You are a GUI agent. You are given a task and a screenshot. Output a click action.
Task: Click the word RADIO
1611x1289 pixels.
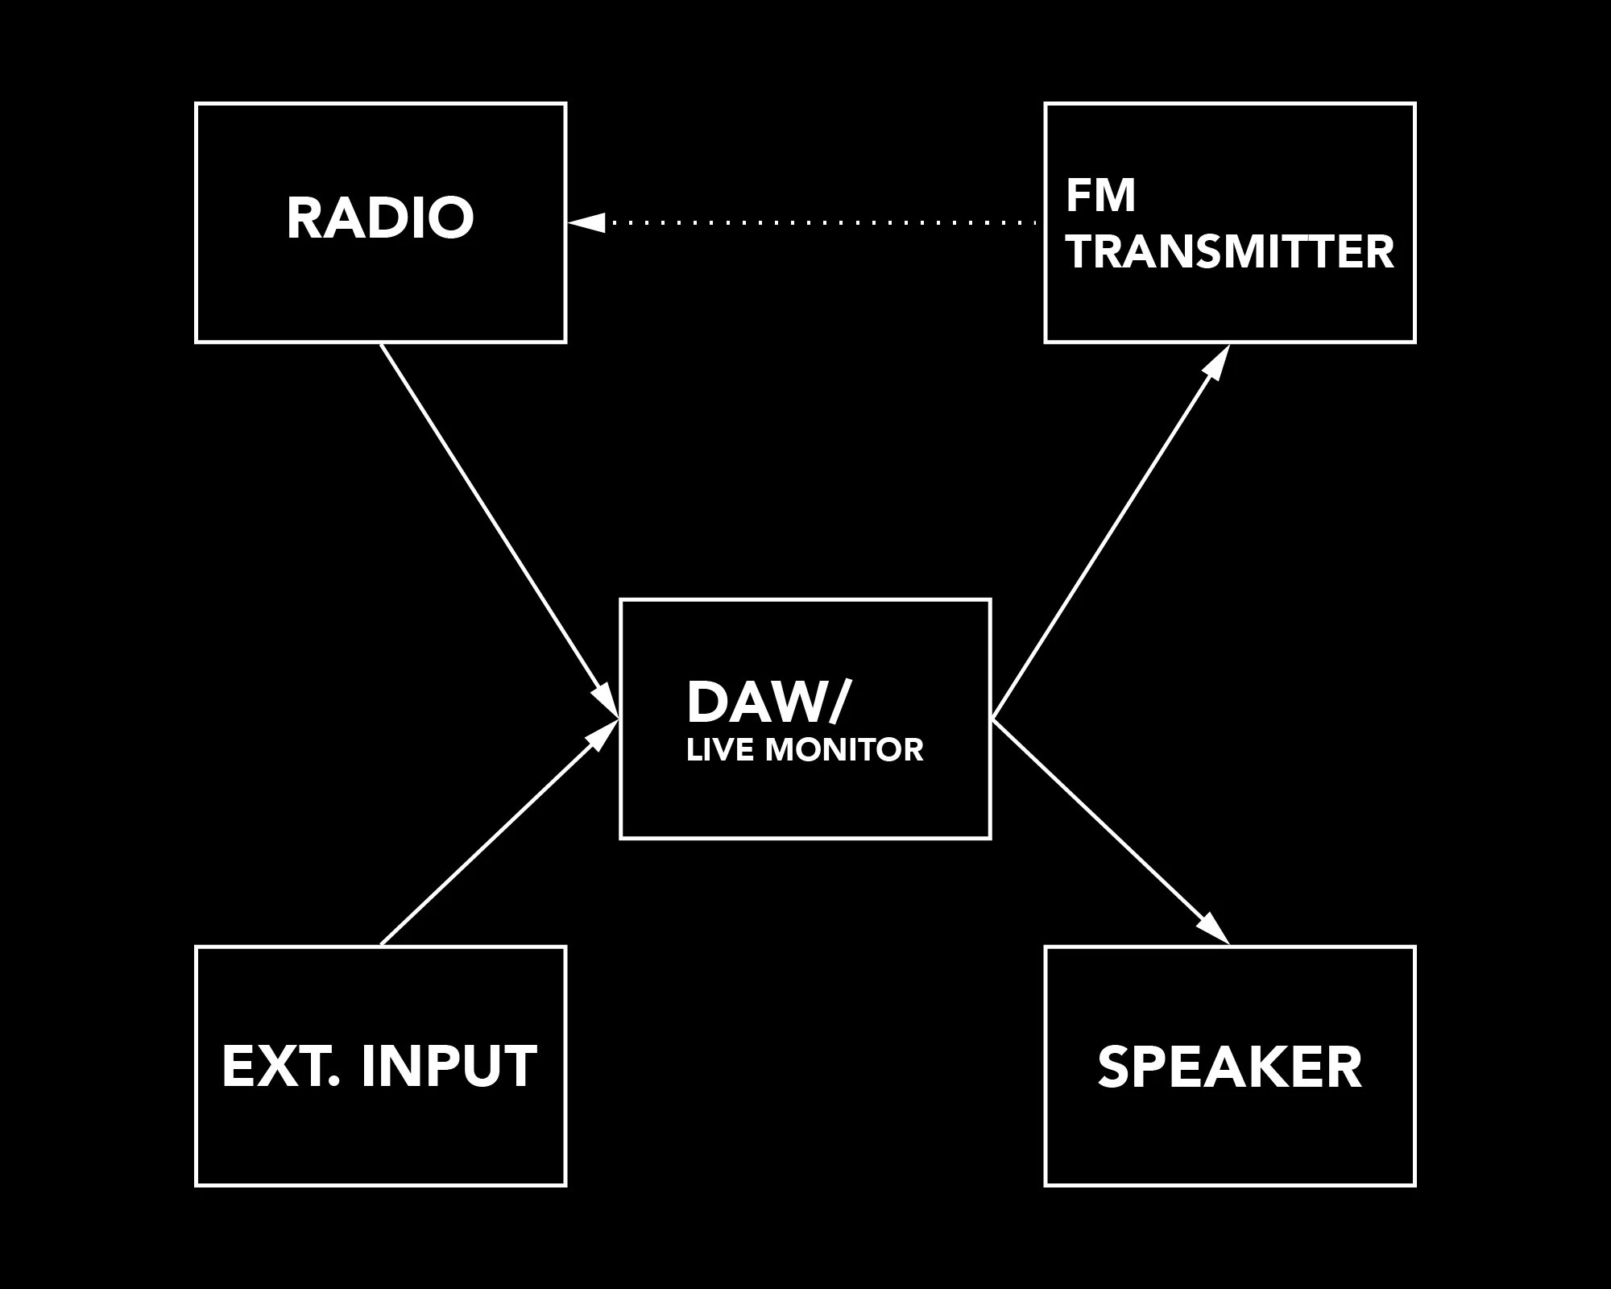tap(380, 218)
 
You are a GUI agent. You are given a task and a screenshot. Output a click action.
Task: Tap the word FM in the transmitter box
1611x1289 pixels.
tap(1100, 196)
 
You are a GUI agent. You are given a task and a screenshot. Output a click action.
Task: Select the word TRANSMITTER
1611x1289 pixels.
tap(1230, 252)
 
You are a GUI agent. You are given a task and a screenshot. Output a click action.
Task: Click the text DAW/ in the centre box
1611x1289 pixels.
tap(767, 702)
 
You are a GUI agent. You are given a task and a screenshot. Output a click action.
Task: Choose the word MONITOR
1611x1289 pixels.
tap(844, 750)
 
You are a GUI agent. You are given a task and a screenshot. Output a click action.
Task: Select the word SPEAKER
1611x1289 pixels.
tap(1229, 1067)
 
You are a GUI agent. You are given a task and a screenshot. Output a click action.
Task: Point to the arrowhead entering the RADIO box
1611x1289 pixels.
tap(586, 222)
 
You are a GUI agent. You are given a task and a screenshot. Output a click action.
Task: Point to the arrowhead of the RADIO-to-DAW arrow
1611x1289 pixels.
tap(606, 699)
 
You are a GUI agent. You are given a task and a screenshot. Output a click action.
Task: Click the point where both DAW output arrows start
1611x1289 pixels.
tap(993, 718)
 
